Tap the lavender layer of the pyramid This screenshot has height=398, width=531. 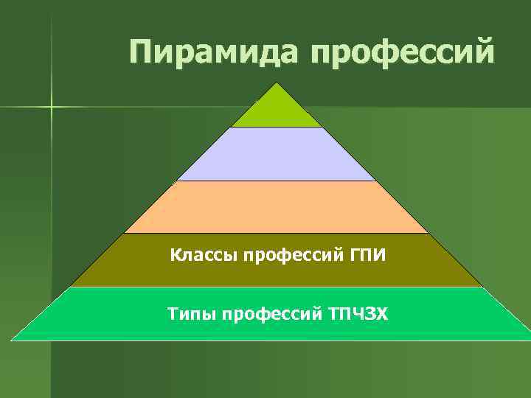coord(277,154)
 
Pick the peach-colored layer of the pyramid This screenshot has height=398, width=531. coord(277,207)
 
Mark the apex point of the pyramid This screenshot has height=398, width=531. coord(277,83)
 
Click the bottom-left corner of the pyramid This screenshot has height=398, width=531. coord(12,340)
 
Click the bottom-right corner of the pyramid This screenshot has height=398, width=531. coord(529,340)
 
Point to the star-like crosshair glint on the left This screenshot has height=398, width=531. coord(52,108)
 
